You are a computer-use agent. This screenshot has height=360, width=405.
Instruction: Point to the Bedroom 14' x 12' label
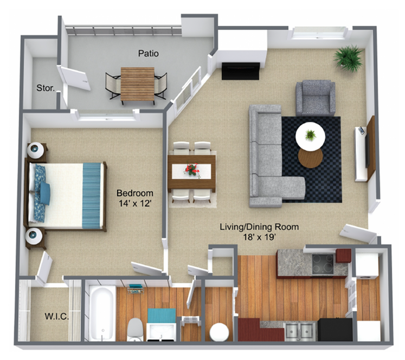[x=135, y=198]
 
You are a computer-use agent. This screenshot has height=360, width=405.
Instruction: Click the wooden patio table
[x=138, y=85]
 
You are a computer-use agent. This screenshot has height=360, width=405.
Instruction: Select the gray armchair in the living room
[x=316, y=97]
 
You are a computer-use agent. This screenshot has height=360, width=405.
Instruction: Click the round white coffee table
[x=310, y=136]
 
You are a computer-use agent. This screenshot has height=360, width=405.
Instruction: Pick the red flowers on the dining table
[x=191, y=170]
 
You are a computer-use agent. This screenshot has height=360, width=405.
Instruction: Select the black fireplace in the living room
[x=240, y=70]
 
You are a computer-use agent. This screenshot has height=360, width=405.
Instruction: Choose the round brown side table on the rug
[x=310, y=158]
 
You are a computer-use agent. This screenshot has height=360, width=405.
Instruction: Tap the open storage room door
[x=74, y=78]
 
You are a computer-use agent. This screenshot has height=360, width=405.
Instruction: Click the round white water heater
[x=220, y=332]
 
